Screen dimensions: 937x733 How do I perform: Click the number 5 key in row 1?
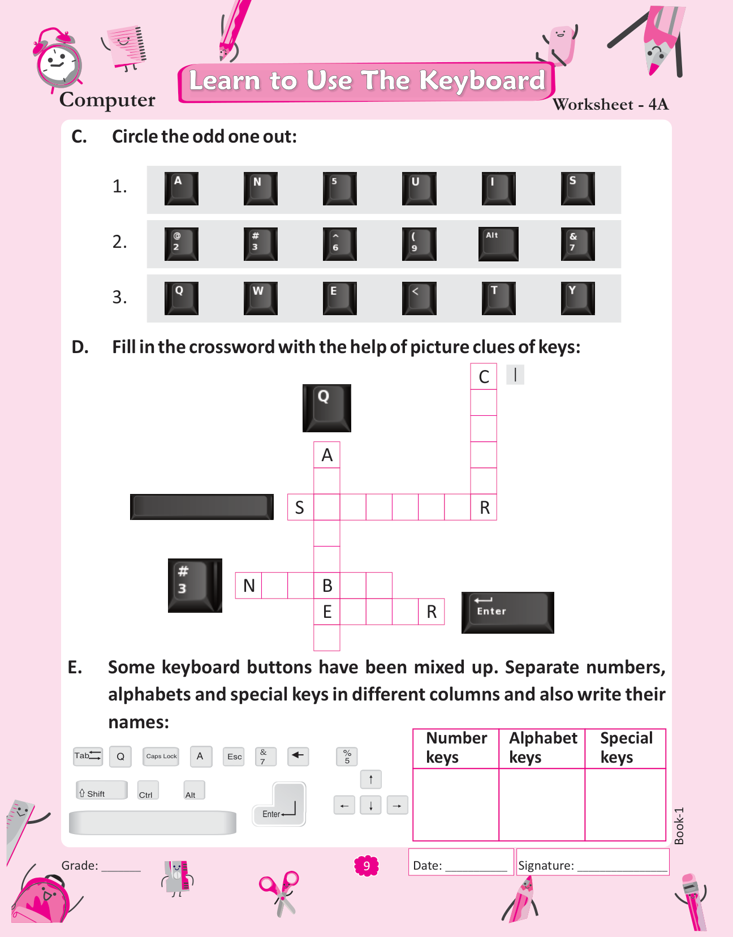(x=339, y=188)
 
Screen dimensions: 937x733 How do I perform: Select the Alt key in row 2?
(x=498, y=244)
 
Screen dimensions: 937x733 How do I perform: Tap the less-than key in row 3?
(x=419, y=298)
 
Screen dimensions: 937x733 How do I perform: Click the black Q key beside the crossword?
(x=326, y=408)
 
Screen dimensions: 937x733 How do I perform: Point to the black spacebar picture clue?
(x=202, y=506)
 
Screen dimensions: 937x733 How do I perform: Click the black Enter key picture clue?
(x=507, y=612)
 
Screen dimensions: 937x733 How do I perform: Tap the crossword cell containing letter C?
(x=484, y=377)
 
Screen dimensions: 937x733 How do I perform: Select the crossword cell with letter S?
(x=300, y=507)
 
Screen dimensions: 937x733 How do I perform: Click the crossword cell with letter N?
(x=248, y=586)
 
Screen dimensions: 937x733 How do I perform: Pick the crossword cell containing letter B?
(x=327, y=586)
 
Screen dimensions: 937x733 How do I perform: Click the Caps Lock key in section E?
(x=161, y=757)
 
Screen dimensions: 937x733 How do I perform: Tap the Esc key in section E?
(x=234, y=757)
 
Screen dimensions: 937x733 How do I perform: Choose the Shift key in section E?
(x=101, y=790)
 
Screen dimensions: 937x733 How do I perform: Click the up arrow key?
(x=371, y=779)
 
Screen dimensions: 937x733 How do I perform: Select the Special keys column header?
(x=626, y=748)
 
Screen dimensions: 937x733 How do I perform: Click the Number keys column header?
(x=456, y=748)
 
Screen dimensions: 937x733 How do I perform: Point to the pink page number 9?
(x=366, y=866)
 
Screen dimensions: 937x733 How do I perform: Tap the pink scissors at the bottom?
(x=279, y=893)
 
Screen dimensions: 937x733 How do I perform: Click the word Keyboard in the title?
(x=482, y=81)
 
